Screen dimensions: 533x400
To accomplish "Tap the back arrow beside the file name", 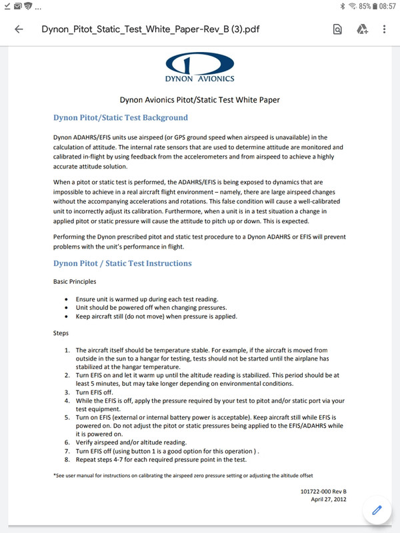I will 19,29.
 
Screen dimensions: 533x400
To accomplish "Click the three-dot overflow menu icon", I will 385,29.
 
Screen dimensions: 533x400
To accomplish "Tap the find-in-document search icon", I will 338,29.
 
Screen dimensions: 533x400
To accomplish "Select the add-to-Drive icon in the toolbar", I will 362,29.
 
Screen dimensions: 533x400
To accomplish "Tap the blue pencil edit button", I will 377,510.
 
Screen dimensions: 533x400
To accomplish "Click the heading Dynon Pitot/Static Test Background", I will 120,118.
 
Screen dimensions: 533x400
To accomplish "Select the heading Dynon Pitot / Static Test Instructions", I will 122,263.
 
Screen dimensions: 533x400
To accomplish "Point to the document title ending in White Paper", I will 199,100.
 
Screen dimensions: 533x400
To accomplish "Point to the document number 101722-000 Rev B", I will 323,492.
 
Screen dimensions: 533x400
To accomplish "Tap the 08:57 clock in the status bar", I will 387,6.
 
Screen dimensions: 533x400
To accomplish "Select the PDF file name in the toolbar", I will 169,29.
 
